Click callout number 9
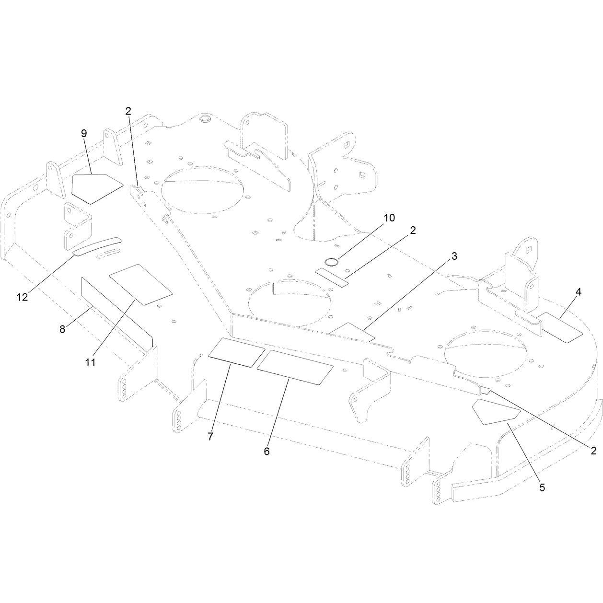tap(84, 134)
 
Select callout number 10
tap(389, 218)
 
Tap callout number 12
tap(23, 297)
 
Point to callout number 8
tap(62, 329)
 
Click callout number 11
tap(91, 363)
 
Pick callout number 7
tap(210, 437)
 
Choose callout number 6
tap(267, 452)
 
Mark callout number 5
tap(542, 487)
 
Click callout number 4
tap(578, 292)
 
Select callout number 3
tap(454, 256)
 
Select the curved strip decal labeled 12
tap(97, 246)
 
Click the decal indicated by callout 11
tap(141, 284)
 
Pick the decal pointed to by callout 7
tap(237, 352)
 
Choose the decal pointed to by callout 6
tap(295, 367)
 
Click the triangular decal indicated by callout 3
tap(352, 332)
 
